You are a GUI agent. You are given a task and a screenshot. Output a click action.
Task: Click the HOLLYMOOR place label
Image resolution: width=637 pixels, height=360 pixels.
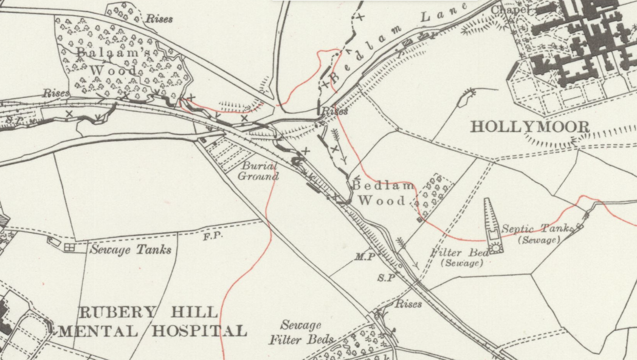click(x=530, y=127)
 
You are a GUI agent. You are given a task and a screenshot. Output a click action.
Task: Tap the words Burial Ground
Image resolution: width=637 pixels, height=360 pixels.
click(x=258, y=171)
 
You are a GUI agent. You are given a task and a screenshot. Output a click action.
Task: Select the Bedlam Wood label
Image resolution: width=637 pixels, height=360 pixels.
click(x=382, y=192)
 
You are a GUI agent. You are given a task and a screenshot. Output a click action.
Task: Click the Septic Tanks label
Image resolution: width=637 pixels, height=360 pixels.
click(x=537, y=229)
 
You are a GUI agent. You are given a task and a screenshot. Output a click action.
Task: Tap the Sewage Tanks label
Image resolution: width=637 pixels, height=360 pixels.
click(x=131, y=249)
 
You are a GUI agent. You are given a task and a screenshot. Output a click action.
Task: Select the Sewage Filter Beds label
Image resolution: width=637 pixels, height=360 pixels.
click(x=301, y=333)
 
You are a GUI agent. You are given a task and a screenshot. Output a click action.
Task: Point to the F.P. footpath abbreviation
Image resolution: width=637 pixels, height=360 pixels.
click(x=212, y=235)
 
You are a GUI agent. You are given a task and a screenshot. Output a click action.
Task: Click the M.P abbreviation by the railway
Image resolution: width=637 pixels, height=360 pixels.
click(x=364, y=257)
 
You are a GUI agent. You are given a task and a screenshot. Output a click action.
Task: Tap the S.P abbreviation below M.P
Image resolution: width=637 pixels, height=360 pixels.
click(x=386, y=278)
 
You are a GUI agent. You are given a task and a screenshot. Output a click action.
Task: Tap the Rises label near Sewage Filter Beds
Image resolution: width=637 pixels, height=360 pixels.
click(x=408, y=303)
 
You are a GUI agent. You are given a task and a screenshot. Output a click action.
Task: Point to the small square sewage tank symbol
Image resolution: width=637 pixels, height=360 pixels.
click(x=69, y=247)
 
